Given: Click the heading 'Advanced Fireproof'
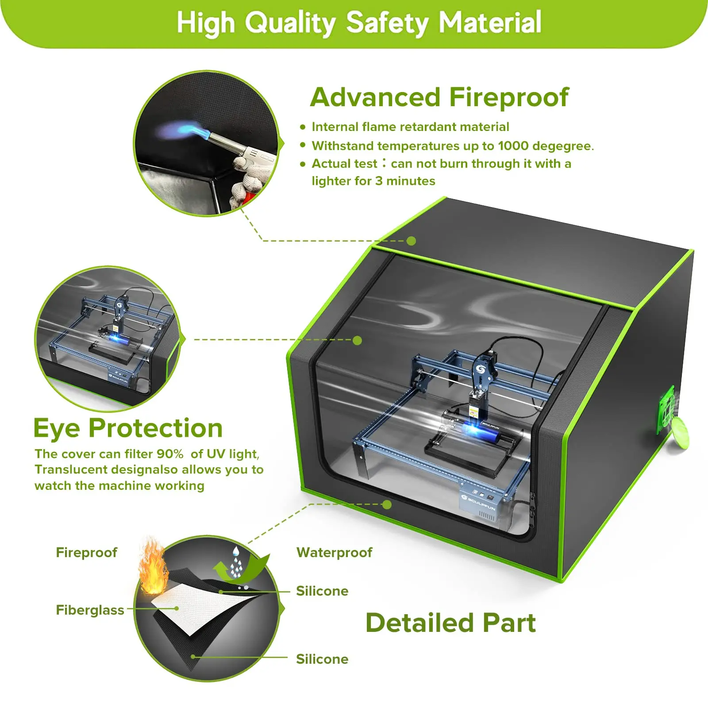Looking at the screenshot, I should [x=439, y=97].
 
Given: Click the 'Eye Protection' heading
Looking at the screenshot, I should [x=128, y=428].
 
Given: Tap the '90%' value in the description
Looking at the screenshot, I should [x=170, y=454].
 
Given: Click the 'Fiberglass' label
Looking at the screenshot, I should [x=90, y=610].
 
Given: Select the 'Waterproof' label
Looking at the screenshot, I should [x=334, y=552].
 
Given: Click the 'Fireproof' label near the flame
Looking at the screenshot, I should [x=86, y=552].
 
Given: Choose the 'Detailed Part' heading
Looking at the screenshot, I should [x=450, y=623].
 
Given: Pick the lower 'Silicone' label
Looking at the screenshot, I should [x=322, y=659].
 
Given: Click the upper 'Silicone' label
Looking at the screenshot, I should [x=322, y=591].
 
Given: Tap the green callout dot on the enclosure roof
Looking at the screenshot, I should [x=411, y=241].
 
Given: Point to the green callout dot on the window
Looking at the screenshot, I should [x=358, y=340].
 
